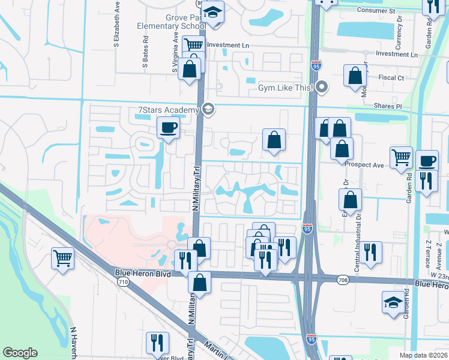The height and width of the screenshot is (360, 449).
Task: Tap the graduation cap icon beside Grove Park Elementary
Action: pyautogui.click(x=212, y=13)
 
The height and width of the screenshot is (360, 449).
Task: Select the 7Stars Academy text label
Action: pyautogui.click(x=167, y=110)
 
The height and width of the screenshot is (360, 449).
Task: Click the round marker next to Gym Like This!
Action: pyautogui.click(x=322, y=88)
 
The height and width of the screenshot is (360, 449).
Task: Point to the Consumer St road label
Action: pyautogui.click(x=376, y=11)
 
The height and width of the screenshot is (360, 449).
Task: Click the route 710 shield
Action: pyautogui.click(x=123, y=281)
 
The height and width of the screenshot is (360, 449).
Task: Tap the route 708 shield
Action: pyautogui.click(x=343, y=280)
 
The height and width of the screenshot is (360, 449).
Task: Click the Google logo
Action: pyautogui.click(x=20, y=353)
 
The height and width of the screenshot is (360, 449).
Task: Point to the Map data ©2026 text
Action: pyautogui.click(x=423, y=355)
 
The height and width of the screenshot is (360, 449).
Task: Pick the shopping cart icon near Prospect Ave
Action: pyautogui.click(x=400, y=158)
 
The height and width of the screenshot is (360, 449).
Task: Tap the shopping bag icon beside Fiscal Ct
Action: pyautogui.click(x=355, y=76)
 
